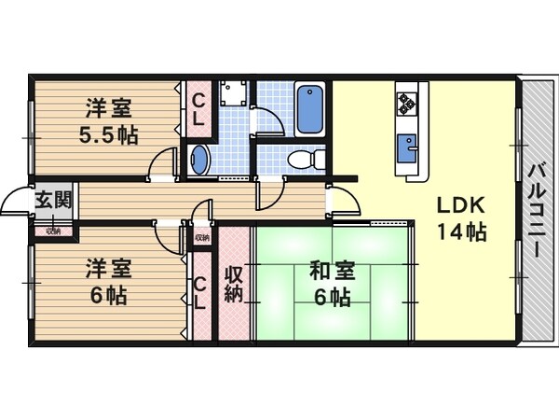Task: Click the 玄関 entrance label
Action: click(52, 199)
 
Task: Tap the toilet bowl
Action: click(304, 159)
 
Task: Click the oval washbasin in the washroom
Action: click(199, 160)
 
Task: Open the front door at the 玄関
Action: click(16, 202)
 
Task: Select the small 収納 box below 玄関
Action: click(52, 230)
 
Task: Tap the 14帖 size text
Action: click(461, 233)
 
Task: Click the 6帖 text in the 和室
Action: click(331, 299)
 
